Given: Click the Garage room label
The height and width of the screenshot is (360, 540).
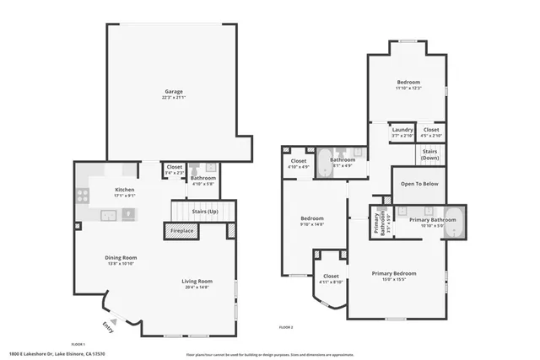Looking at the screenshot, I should (174, 91).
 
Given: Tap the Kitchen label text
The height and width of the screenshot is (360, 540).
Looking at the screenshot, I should (125, 190).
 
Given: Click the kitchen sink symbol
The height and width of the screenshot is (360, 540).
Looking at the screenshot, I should (110, 214).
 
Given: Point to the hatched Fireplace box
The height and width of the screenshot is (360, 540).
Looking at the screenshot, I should (182, 230).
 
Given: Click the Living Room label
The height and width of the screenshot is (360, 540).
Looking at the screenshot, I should (197, 281).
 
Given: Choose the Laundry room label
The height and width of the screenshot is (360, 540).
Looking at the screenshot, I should (402, 129).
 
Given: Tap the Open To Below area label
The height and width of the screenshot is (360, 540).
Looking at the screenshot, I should (418, 183).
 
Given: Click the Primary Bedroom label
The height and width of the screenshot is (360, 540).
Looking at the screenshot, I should (395, 272).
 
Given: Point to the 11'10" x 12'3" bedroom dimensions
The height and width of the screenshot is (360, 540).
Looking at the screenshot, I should (408, 88).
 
